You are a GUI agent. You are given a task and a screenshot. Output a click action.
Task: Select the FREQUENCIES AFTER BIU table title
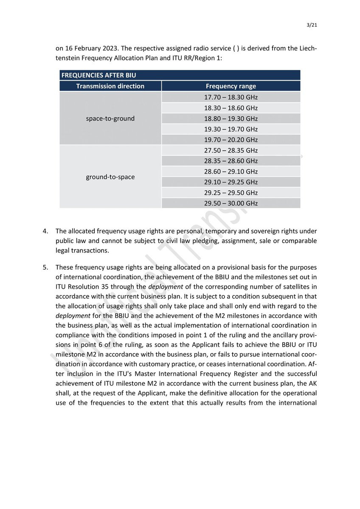click(x=98, y=75)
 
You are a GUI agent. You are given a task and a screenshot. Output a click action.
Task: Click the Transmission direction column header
click(x=110, y=86)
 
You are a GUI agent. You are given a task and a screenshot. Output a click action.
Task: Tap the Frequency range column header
click(x=231, y=86)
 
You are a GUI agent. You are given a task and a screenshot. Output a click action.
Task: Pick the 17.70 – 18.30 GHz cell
click(x=231, y=97)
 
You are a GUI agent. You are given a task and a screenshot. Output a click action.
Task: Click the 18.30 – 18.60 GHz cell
click(x=231, y=108)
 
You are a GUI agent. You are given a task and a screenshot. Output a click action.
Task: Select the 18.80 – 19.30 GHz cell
click(x=231, y=118)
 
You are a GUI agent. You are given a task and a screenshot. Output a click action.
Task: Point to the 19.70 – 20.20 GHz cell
click(x=231, y=140)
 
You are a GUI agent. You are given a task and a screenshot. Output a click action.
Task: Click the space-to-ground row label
click(x=110, y=118)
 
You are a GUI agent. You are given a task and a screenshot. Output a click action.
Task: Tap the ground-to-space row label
click(x=110, y=177)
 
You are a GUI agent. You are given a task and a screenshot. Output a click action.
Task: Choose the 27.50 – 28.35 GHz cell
click(x=231, y=150)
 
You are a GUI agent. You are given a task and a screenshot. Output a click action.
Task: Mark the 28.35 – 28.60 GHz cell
click(x=231, y=161)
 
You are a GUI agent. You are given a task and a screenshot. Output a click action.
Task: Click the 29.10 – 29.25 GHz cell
click(x=231, y=182)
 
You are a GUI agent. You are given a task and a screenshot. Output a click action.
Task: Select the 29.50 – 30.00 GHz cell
click(x=231, y=203)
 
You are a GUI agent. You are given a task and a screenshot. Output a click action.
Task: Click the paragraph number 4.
click(x=45, y=231)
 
